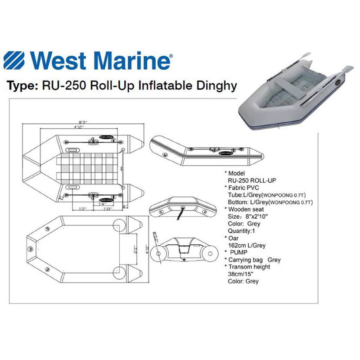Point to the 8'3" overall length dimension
[x=82, y=121]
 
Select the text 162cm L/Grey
[x=247, y=245]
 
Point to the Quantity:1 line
[x=243, y=231]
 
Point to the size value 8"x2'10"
[x=254, y=216]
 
